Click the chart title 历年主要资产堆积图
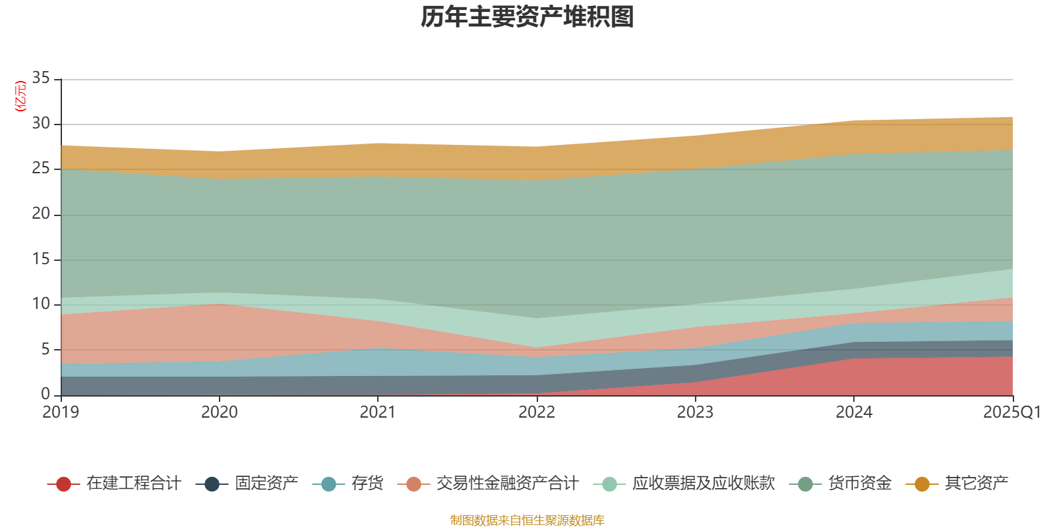tap(527, 18)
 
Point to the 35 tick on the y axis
tap(41, 78)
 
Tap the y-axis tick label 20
tap(41, 213)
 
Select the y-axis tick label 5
tap(45, 349)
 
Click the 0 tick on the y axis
tap(45, 394)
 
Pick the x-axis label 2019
tap(61, 412)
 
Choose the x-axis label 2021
tap(378, 412)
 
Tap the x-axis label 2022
tap(537, 412)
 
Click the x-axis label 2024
tap(854, 412)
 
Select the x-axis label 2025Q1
tap(1011, 412)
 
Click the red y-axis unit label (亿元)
tap(20, 96)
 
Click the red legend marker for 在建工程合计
tap(63, 484)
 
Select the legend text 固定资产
tap(266, 484)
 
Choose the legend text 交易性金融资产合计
tap(507, 484)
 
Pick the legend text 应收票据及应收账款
tap(703, 484)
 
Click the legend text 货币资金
tap(860, 484)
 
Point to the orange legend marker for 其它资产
tap(922, 484)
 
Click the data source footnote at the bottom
tap(527, 520)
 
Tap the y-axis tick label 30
tap(41, 123)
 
